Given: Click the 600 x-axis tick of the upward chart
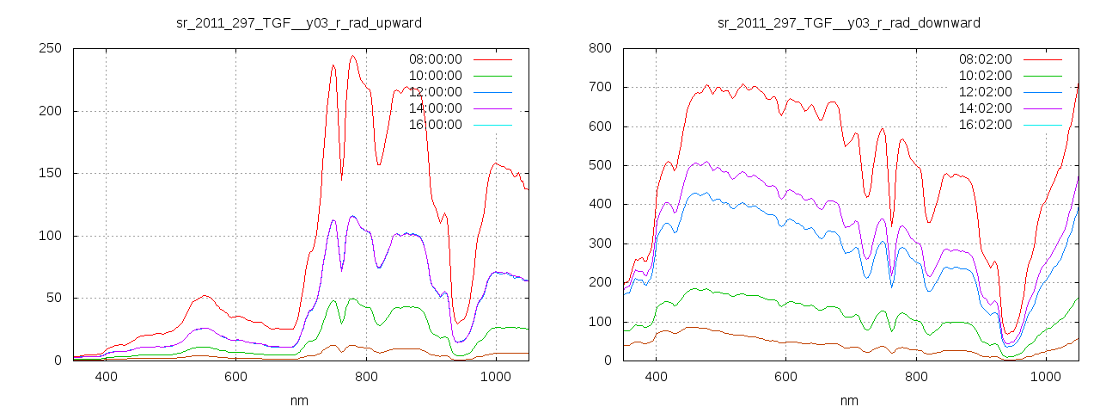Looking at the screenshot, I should (x=236, y=377).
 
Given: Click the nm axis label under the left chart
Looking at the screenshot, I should (x=298, y=401).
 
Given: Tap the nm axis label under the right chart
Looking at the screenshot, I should (x=849, y=401).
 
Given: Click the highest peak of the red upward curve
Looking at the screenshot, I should (x=352, y=57).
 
